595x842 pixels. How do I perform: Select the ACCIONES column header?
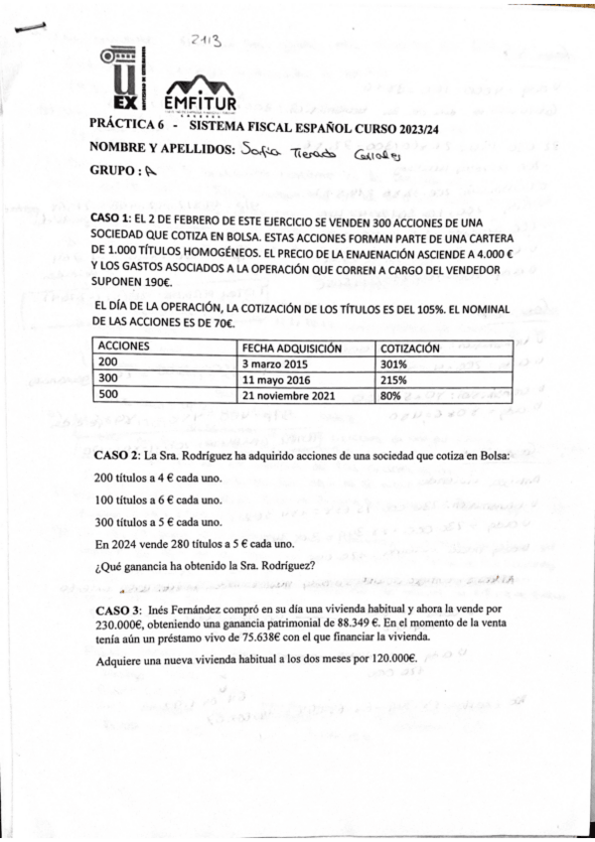coord(125,348)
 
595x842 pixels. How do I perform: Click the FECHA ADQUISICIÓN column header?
coord(292,348)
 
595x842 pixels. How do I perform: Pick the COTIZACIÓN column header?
coord(417,348)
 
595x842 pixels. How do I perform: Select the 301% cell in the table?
coord(397,363)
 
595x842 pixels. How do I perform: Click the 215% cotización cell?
coord(397,379)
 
